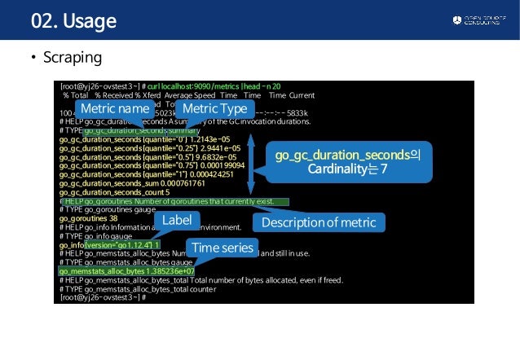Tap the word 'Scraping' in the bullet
75,59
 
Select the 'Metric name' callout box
114,108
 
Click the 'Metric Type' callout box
215,108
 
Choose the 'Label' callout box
177,220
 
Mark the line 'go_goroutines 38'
89,218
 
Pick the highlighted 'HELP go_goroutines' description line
175,200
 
